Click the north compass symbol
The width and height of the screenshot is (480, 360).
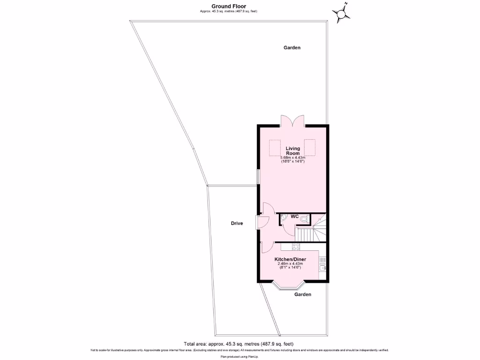341,13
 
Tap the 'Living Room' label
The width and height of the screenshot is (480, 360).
293,151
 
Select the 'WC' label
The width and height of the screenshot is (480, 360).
295,217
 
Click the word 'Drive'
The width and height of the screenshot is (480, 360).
237,224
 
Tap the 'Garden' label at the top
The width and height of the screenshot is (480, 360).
292,48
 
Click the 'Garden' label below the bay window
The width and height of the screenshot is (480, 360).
303,295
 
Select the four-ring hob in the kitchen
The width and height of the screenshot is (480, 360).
296,247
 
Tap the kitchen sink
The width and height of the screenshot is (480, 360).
322,267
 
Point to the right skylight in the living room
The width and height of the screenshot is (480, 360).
310,147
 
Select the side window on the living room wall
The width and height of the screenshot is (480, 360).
257,177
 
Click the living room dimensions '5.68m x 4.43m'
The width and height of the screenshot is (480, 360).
293,157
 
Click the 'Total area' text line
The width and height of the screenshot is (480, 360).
239,344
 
